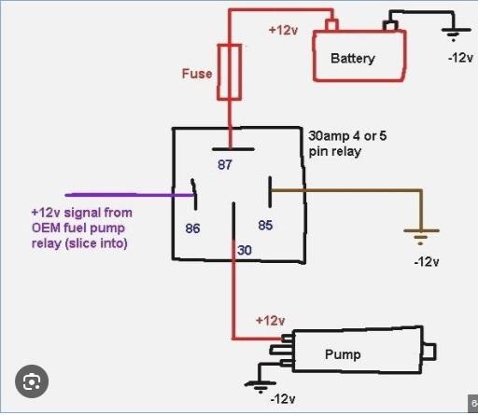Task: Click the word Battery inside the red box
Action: point(353,59)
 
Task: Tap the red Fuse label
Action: point(197,74)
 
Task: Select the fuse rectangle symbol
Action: point(229,72)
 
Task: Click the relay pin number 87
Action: point(225,164)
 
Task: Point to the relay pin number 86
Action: point(192,228)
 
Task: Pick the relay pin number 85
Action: point(265,225)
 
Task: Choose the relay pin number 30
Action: point(245,250)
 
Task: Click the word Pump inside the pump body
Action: point(343,354)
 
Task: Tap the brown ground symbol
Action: point(421,237)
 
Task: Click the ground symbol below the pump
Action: point(260,387)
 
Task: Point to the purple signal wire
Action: point(129,195)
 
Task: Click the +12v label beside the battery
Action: point(283,30)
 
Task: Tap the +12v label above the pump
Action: point(270,321)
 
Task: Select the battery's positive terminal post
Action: point(331,25)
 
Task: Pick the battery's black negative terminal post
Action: point(390,25)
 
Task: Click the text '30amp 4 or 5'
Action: point(347,136)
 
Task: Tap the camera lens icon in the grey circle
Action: point(32,381)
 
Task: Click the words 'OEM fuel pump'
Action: point(78,228)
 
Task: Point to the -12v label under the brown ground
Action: point(427,262)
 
